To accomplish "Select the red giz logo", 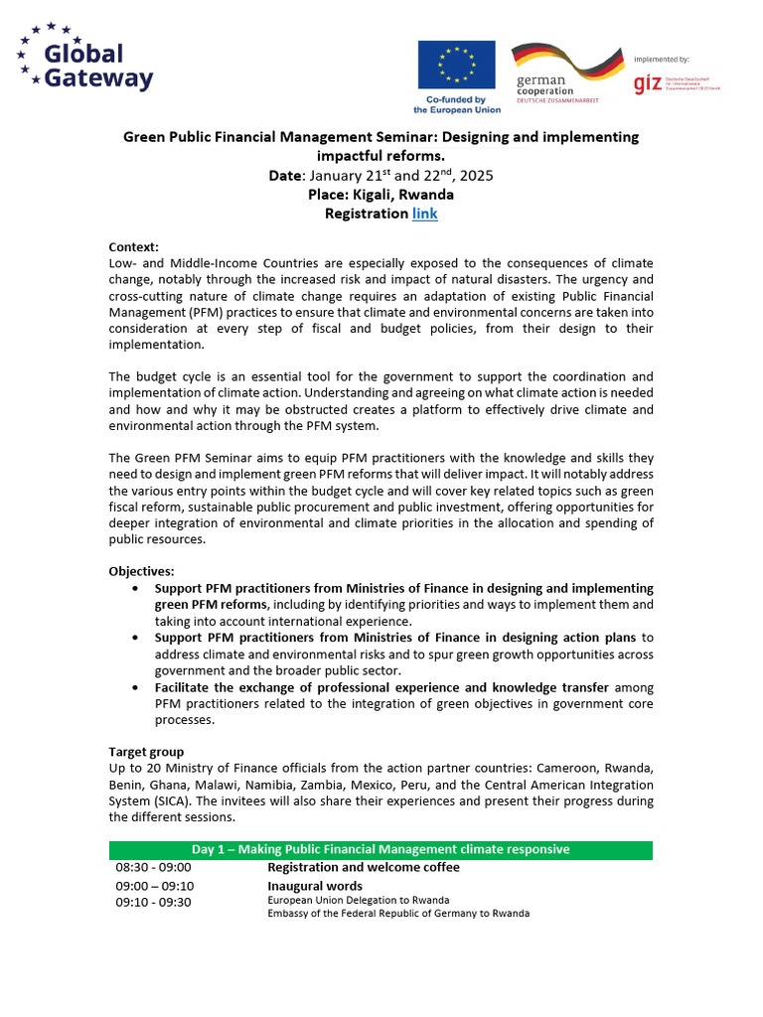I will pyautogui.click(x=649, y=84).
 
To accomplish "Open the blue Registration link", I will pyautogui.click(x=424, y=214).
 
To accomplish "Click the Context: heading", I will pyautogui.click(x=133, y=247).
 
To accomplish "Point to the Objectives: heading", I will pyautogui.click(x=141, y=572).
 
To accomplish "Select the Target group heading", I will pyautogui.click(x=146, y=752).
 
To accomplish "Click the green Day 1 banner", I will pyautogui.click(x=381, y=849).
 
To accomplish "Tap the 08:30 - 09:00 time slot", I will pyautogui.click(x=153, y=868).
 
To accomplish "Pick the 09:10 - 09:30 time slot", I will pyautogui.click(x=153, y=902).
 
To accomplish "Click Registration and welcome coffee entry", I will pyautogui.click(x=363, y=868).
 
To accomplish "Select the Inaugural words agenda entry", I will pyautogui.click(x=315, y=886).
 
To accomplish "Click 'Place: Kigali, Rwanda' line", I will pyautogui.click(x=381, y=195).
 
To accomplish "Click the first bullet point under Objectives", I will pyautogui.click(x=136, y=589).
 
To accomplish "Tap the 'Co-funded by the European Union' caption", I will pyautogui.click(x=457, y=104).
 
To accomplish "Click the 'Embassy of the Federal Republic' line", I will pyautogui.click(x=398, y=914).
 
